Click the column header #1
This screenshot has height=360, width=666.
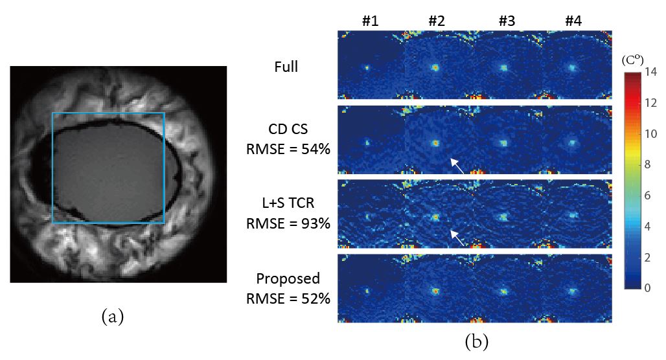[x=370, y=21]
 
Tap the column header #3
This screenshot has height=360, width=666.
[x=507, y=21]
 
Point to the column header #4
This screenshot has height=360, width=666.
[x=573, y=21]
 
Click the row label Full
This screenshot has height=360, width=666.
[x=286, y=66]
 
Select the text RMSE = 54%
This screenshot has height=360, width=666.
[x=288, y=150]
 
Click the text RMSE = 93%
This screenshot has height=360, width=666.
[x=288, y=224]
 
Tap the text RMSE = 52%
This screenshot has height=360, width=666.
[x=288, y=298]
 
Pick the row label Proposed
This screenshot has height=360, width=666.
[x=288, y=278]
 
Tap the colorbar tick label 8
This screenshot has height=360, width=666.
[x=652, y=165]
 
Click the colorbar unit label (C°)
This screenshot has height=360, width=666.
[x=632, y=60]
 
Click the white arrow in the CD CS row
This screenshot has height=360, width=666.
[x=457, y=166]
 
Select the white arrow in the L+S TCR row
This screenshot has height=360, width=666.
[x=457, y=239]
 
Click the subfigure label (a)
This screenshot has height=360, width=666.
[x=112, y=317]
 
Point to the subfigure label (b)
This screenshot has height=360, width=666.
[x=476, y=341]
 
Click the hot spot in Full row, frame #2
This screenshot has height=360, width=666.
[x=435, y=67]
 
